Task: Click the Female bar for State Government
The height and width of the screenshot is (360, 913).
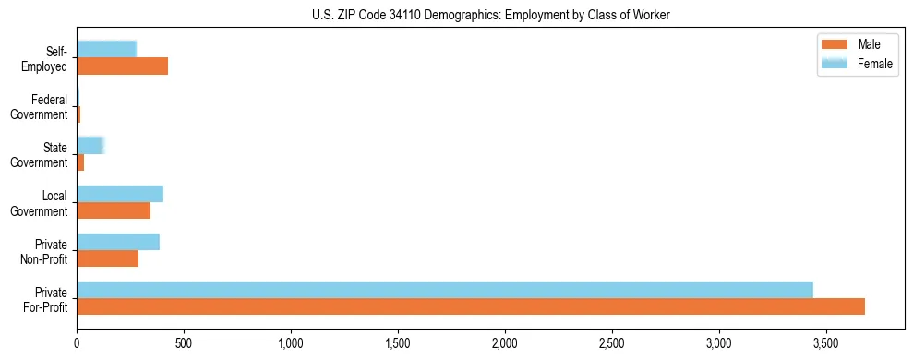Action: coord(90,146)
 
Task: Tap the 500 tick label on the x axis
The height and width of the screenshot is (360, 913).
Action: coord(184,343)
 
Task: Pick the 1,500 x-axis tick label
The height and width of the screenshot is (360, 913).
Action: coord(398,343)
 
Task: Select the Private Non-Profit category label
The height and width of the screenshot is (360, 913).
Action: coord(45,251)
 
